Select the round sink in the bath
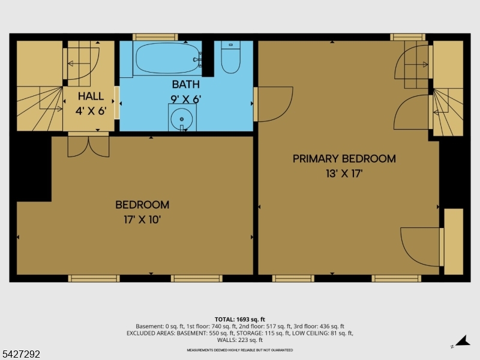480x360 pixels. coord(181,118)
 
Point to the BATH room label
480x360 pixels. coord(185,85)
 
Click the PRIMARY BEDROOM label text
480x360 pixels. coord(344,159)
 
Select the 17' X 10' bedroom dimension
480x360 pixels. coord(142,220)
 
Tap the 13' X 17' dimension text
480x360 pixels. coord(344,174)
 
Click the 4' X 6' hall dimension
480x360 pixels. coord(91,111)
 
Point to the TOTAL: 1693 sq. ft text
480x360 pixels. coord(239,319)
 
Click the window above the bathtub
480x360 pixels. coord(155,37)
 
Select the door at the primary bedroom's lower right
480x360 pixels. coord(422,246)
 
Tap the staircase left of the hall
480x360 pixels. coord(40,108)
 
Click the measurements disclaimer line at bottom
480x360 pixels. coord(239,350)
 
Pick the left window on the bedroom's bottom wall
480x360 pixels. coord(94,278)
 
